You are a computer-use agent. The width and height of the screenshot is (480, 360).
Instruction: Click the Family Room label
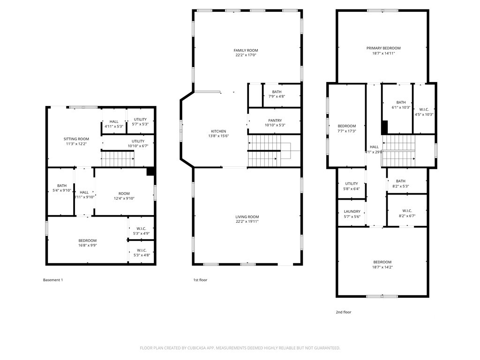tap(246, 50)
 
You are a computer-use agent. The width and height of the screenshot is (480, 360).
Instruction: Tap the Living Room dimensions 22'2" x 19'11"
tap(247, 221)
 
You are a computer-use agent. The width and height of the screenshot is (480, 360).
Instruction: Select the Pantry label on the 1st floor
tap(275, 120)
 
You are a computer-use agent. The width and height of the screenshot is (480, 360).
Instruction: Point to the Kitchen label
tap(218, 131)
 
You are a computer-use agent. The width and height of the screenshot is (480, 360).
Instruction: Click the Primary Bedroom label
tap(383, 48)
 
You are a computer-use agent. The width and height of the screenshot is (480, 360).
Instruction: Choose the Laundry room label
tap(352, 211)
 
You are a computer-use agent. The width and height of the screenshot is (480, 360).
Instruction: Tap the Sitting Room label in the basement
tap(76, 139)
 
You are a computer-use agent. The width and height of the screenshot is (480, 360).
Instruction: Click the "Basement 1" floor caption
tap(53, 280)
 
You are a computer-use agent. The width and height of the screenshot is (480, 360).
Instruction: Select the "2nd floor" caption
tap(344, 312)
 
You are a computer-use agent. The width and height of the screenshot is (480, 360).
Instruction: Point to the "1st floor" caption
tap(200, 280)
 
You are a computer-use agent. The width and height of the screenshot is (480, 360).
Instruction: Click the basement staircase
tap(118, 159)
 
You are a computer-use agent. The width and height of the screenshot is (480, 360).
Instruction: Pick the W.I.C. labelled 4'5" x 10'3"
tap(424, 112)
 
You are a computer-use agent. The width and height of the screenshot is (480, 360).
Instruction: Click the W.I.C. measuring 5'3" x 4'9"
tap(141, 231)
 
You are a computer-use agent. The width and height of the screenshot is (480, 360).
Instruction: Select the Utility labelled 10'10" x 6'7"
tap(138, 143)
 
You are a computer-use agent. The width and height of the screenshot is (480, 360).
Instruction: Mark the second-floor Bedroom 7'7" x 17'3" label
tap(347, 128)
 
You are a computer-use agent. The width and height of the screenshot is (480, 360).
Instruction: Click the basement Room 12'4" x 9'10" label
tap(124, 195)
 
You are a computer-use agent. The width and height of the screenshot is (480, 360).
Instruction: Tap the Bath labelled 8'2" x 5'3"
tap(400, 183)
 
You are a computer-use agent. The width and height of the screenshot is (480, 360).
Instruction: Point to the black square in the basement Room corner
tap(150, 172)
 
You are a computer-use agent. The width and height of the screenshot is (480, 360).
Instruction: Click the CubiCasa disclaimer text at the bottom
tap(240, 348)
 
